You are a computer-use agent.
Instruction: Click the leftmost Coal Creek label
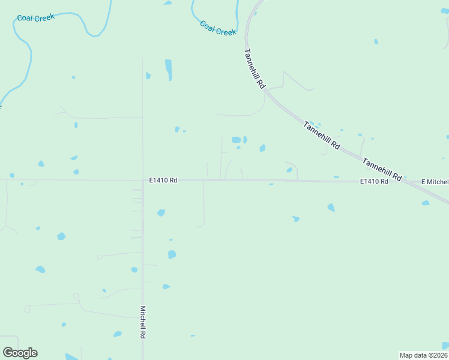35,17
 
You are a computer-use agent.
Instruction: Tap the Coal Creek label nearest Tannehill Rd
218,28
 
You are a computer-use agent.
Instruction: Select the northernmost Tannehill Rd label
254,69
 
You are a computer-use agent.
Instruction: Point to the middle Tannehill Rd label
322,136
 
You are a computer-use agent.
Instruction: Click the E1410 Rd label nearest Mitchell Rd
164,180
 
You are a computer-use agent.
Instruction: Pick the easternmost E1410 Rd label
375,181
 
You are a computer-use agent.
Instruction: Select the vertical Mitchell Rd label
143,321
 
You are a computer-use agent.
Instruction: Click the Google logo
20,353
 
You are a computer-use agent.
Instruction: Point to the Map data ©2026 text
424,355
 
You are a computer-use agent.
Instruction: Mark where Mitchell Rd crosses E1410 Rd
143,180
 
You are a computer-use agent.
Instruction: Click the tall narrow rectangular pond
169,70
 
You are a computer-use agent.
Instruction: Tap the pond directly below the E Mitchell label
426,203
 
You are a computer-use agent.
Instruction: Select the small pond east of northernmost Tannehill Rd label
376,41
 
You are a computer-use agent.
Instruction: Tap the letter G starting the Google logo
8,352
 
